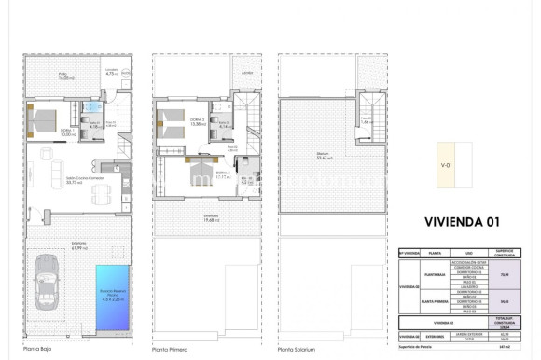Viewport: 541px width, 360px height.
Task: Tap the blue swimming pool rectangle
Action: [x=114, y=297]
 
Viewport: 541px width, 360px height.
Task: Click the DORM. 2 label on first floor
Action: [x=198, y=120]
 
